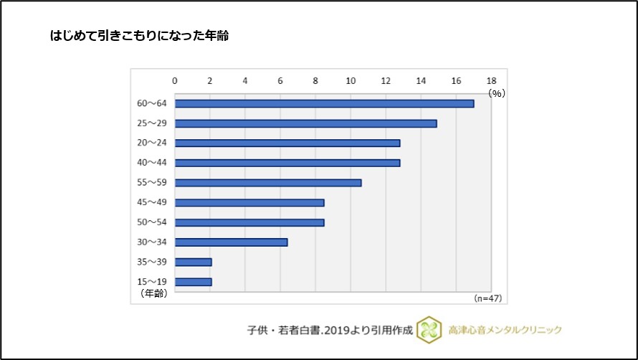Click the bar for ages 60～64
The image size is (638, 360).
pos(324,103)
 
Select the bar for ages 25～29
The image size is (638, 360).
pos(305,123)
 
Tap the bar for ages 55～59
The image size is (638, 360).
pos(268,182)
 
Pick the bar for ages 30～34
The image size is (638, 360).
pos(231,242)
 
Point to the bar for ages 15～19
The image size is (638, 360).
pos(193,281)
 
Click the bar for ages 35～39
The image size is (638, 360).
pos(193,262)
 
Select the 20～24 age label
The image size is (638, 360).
pos(151,143)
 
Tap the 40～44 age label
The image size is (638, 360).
pos(151,163)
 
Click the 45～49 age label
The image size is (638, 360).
pos(151,202)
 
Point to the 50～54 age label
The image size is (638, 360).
pos(151,222)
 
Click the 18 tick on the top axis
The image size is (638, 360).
pos(491,80)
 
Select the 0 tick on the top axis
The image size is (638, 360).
pos(175,80)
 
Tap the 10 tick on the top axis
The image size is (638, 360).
pos(351,80)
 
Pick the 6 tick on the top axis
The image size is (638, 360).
pos(280,80)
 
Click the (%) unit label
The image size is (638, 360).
pos(497,93)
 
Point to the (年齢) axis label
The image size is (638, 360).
pos(151,293)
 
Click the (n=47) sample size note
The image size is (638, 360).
pos(489,297)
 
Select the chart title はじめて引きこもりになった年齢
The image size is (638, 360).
pos(139,35)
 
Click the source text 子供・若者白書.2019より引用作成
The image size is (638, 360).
pos(329,330)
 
